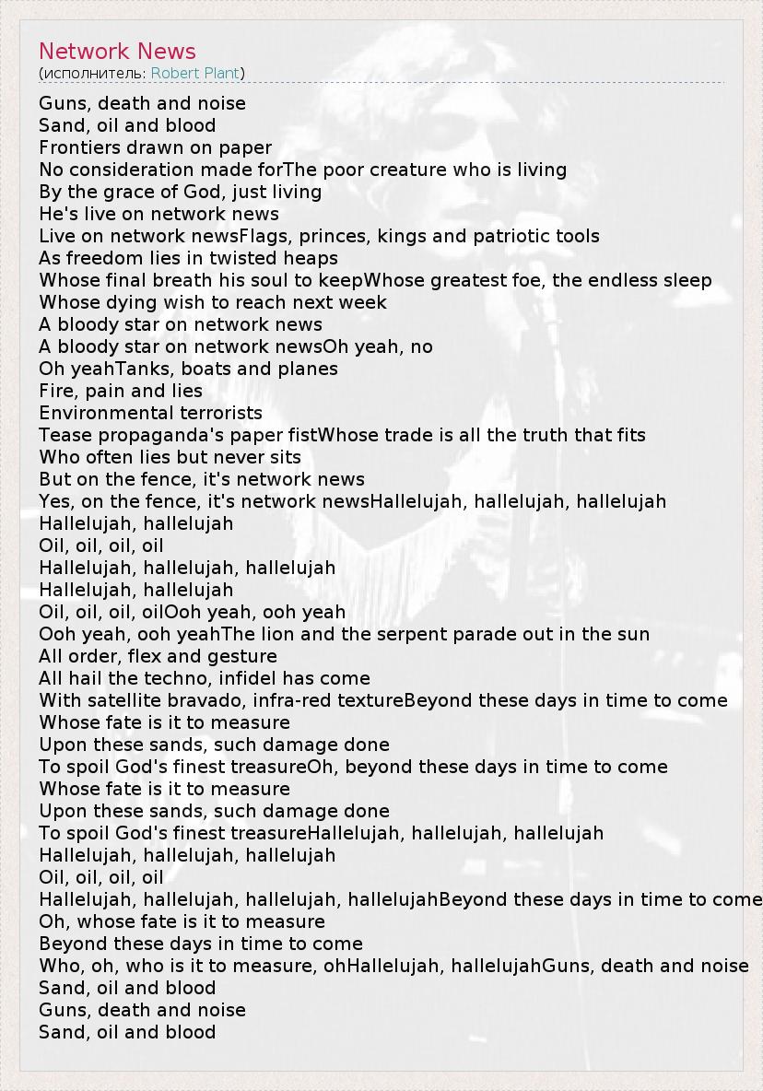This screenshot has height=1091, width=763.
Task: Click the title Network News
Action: click(x=117, y=52)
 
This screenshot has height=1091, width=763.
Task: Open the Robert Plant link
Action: click(x=195, y=73)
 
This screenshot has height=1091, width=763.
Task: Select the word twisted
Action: click(x=241, y=258)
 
